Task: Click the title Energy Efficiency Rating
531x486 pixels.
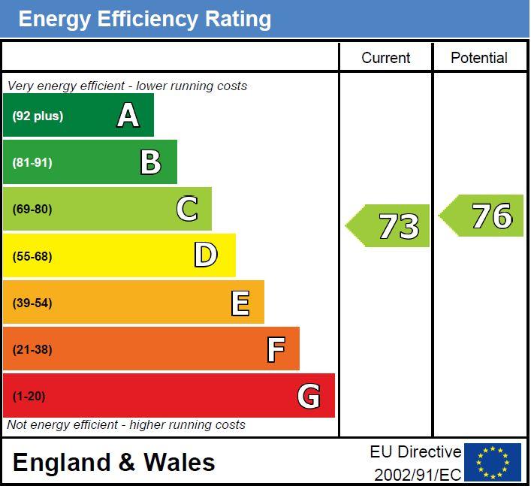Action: pyautogui.click(x=144, y=19)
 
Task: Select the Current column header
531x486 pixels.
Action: pyautogui.click(x=385, y=58)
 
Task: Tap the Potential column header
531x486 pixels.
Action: pyautogui.click(x=479, y=58)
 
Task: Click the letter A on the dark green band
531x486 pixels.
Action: pyautogui.click(x=128, y=116)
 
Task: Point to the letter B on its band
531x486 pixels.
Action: pyautogui.click(x=151, y=162)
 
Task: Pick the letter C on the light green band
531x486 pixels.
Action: pyautogui.click(x=187, y=209)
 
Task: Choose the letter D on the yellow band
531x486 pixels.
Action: pyautogui.click(x=205, y=255)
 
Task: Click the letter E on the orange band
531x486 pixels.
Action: pyautogui.click(x=240, y=303)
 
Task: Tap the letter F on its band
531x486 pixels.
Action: pyautogui.click(x=276, y=349)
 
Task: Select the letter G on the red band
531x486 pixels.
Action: pyautogui.click(x=309, y=396)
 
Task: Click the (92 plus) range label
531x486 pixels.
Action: pyautogui.click(x=38, y=116)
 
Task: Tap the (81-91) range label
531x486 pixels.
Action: pyautogui.click(x=32, y=162)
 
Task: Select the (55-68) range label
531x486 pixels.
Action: pyautogui.click(x=32, y=256)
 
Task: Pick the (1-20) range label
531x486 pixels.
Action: pyautogui.click(x=29, y=396)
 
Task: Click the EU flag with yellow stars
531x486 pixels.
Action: pyautogui.click(x=493, y=462)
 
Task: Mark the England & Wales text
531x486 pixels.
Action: pyautogui.click(x=113, y=462)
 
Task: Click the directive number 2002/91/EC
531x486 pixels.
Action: pyautogui.click(x=418, y=475)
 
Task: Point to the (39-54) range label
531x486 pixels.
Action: pyautogui.click(x=32, y=303)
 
